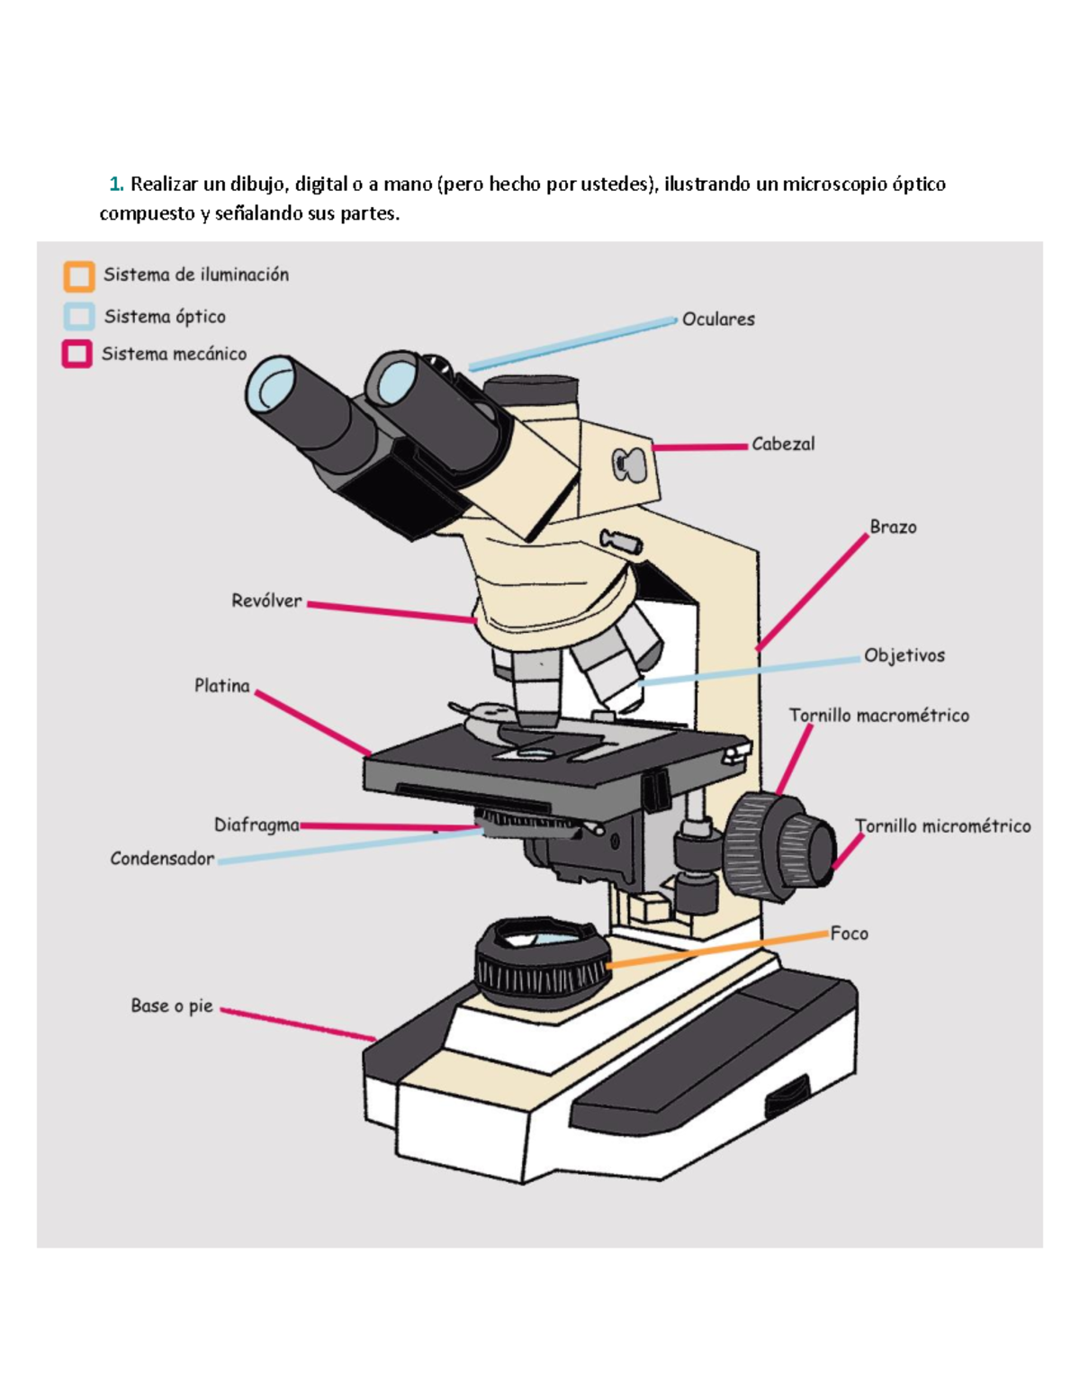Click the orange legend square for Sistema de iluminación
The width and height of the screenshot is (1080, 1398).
pos(79,276)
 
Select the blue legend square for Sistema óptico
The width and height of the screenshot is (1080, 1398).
pos(79,317)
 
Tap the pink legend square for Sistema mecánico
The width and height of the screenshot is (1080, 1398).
pos(76,354)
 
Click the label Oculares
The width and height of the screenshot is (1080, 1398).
pos(718,320)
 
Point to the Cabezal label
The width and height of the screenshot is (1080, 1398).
pos(783,444)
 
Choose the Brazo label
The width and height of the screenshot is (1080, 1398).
pos(893,528)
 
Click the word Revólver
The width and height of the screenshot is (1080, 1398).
pos(266,601)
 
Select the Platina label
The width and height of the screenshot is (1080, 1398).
pos(222,686)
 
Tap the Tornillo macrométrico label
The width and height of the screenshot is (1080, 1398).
pos(878,716)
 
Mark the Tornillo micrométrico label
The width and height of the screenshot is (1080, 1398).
pos(942,826)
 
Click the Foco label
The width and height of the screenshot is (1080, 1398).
pos(849,934)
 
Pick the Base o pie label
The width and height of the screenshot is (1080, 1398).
pos(172,1006)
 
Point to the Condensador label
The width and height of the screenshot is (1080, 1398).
pos(162,859)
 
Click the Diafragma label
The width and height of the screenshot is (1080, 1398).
pos(256,825)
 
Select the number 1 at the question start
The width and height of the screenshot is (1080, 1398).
pos(114,185)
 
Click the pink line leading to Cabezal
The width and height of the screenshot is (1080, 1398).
pos(700,446)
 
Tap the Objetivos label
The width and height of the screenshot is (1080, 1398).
pos(904,656)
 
